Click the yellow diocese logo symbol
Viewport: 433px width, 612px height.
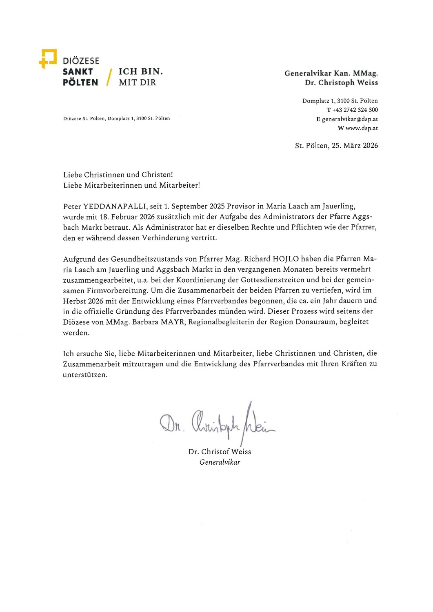[x=48, y=58]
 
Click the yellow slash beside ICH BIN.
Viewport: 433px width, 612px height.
[x=109, y=77]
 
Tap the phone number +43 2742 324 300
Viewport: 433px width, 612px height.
[x=355, y=110]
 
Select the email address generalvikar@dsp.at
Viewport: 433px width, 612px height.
[x=350, y=119]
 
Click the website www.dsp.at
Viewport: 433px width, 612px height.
[x=362, y=128]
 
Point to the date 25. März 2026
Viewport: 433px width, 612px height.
[x=355, y=146]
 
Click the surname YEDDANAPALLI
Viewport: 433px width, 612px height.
[x=115, y=206]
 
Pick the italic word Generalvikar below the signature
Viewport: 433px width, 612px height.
[x=220, y=462]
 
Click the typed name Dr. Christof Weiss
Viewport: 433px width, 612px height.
[x=220, y=452]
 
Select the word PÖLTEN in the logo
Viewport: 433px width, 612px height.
[x=80, y=82]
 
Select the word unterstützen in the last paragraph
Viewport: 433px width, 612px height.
[x=84, y=375]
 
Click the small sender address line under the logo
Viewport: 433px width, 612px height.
[x=116, y=118]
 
